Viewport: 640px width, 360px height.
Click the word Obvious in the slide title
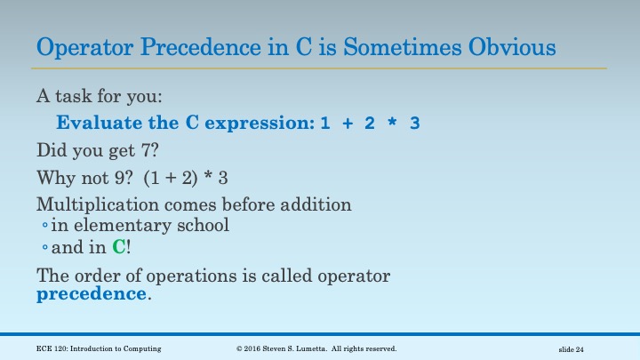[510, 46]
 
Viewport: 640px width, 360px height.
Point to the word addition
[316, 204]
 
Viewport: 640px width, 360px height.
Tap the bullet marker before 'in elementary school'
[44, 227]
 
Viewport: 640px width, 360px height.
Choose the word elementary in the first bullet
[123, 225]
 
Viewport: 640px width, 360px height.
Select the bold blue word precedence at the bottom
[91, 293]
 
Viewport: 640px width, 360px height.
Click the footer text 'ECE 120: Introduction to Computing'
[99, 348]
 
